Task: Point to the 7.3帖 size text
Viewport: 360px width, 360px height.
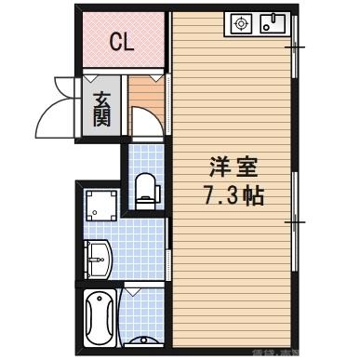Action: click(231, 197)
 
